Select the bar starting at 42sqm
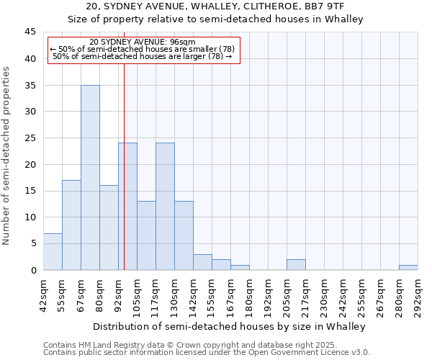[x=53, y=252]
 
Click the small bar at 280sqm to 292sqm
[x=408, y=268]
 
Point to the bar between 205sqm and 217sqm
[x=296, y=265]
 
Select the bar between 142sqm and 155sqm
[x=202, y=262]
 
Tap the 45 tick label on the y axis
[x=30, y=32]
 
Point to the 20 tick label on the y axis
[x=30, y=164]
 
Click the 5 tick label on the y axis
[x=33, y=243]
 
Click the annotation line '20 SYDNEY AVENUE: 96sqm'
[x=143, y=42]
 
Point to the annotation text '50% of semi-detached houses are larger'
[x=143, y=56]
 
